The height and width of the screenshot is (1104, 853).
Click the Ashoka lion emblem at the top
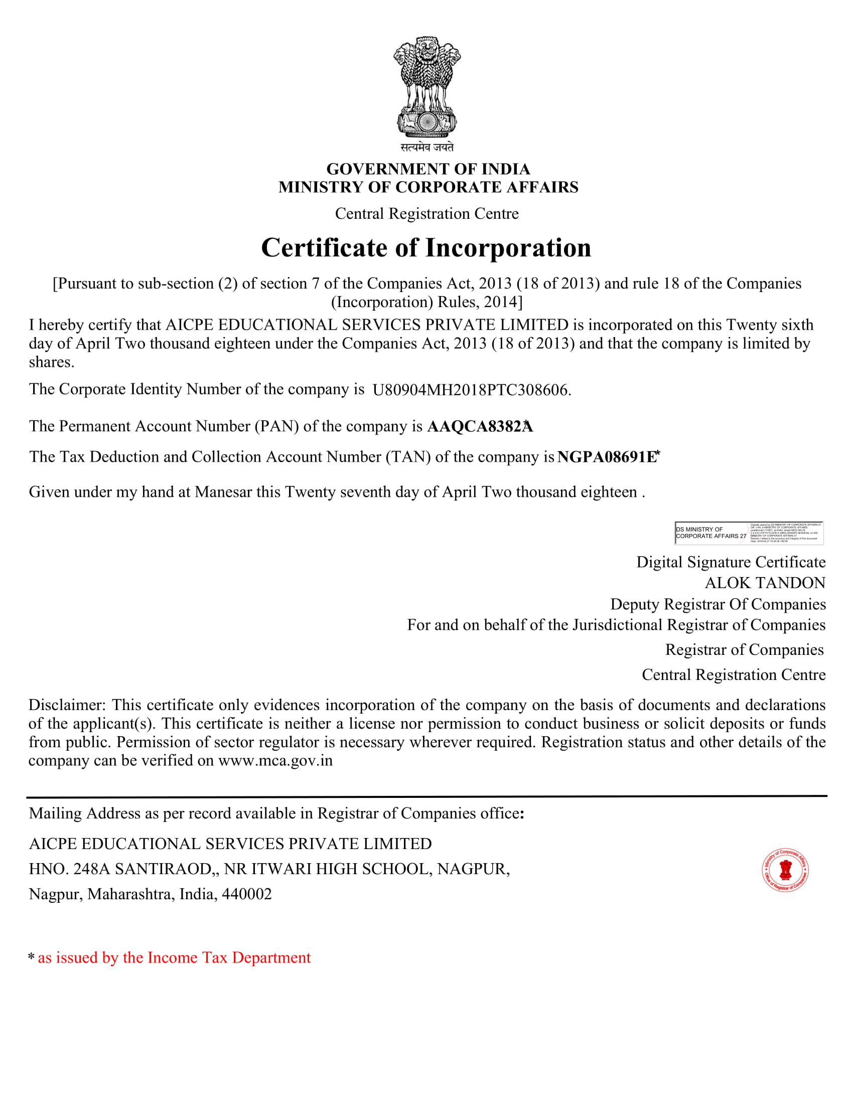coord(427,87)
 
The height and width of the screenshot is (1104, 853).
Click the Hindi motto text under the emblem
coord(427,147)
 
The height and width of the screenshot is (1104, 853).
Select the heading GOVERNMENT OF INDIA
coord(428,169)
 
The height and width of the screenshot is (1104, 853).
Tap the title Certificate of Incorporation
coord(426,248)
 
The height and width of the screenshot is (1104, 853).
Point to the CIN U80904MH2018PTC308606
coord(471,390)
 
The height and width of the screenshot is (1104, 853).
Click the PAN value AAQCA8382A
coord(480,427)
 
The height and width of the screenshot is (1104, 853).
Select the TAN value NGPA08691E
coord(607,457)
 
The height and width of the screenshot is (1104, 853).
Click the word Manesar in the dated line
coord(223,492)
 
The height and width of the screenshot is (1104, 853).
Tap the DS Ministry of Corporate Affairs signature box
coord(749,533)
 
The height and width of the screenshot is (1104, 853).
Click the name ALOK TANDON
coord(765,583)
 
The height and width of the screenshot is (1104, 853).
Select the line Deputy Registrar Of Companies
coord(718,604)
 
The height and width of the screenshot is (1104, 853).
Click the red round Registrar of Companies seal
coord(785,870)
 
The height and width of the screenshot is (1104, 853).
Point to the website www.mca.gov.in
coord(275,760)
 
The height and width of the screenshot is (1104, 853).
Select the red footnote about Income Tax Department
coord(174,957)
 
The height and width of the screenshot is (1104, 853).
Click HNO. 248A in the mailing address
coord(69,869)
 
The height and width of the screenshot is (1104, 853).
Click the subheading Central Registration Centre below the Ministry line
coord(426,213)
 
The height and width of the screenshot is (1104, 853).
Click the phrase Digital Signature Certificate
coord(731,562)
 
